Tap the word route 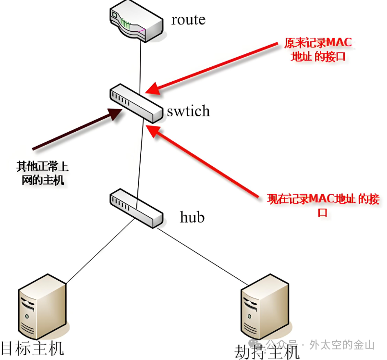188,20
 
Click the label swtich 188,111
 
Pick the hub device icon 136,209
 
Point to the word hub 192,217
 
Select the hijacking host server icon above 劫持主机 265,308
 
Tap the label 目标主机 32,348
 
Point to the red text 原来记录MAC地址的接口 318,50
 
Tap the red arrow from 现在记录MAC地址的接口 206,161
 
